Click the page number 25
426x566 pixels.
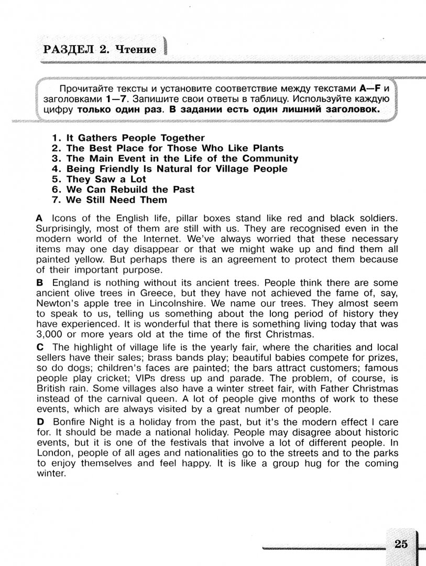point(401,543)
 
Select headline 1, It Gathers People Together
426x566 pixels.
point(128,138)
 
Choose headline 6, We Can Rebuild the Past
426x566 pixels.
point(123,189)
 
